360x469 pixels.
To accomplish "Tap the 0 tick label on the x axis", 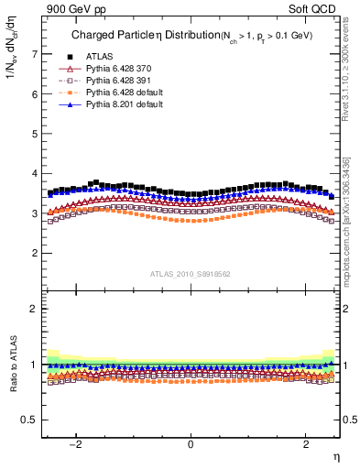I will point(191,444).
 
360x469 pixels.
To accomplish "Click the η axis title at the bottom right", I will point(335,455).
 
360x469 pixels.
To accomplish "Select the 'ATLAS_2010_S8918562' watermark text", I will point(191,274).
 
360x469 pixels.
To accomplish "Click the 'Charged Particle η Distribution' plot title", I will point(135,35).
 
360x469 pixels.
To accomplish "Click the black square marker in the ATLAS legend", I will point(69,57).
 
